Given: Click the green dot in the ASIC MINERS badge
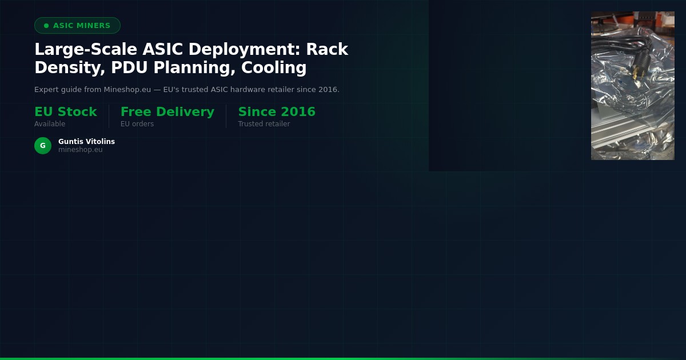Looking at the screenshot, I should [x=46, y=26].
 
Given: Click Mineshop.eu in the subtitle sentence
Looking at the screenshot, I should [x=126, y=90].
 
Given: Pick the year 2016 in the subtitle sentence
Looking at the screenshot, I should [x=328, y=90].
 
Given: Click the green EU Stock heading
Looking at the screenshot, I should [x=66, y=112].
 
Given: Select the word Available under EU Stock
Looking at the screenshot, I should [x=50, y=124].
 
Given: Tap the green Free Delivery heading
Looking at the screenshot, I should [x=167, y=112].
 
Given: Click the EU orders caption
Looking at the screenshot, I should [x=137, y=124].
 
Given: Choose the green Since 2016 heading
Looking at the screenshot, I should [x=277, y=112].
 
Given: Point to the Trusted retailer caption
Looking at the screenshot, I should [x=264, y=124].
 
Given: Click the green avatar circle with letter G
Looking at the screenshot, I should [x=43, y=146].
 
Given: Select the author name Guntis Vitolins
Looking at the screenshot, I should [x=86, y=142].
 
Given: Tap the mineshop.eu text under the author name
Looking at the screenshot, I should [x=81, y=150].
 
